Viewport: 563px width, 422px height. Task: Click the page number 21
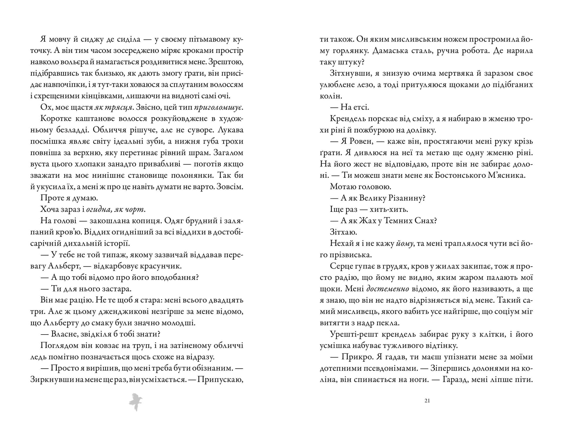point(427,401)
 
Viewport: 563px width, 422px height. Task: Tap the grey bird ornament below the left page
point(136,402)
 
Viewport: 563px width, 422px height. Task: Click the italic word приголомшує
point(218,107)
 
